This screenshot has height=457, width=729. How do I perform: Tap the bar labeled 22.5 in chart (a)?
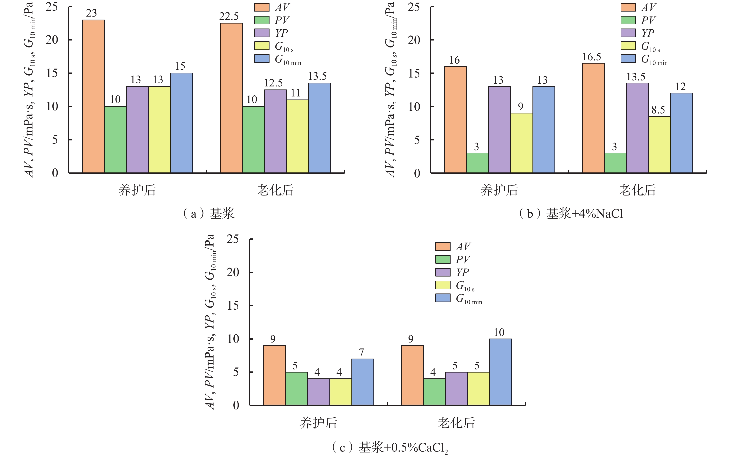(231, 98)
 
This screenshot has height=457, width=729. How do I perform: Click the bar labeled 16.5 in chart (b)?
(593, 118)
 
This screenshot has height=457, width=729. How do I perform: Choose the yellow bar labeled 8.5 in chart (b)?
(659, 145)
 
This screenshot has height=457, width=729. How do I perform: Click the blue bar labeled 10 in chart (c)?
(500, 372)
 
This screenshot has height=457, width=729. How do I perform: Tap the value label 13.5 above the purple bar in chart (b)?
(636, 77)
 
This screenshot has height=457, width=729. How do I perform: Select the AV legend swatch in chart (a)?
(261, 7)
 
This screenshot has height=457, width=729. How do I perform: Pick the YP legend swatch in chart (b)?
(628, 33)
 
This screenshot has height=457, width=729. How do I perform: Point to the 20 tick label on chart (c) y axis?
(233, 272)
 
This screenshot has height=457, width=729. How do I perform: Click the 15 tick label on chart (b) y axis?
(414, 73)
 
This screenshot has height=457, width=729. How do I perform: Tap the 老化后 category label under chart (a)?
(275, 190)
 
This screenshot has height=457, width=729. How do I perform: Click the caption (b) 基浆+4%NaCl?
(571, 214)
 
